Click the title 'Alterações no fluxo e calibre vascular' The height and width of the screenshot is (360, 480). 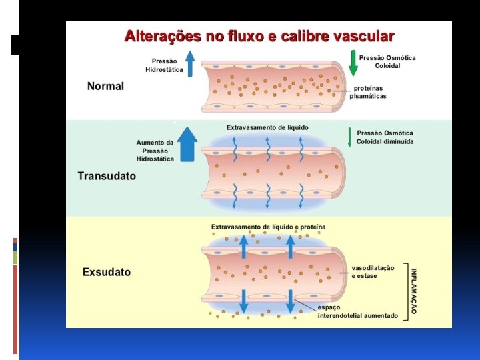[x=259, y=37]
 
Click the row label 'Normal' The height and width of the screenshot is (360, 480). [x=105, y=86]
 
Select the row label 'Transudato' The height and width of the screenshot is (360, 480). [x=107, y=176]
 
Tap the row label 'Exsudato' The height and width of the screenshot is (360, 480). [x=106, y=272]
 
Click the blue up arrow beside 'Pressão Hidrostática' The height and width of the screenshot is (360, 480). [x=190, y=64]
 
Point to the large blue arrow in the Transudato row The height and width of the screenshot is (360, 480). [x=189, y=144]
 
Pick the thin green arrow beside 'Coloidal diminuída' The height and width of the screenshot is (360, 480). [x=349, y=137]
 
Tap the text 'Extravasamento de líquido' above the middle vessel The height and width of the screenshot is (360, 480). [x=267, y=127]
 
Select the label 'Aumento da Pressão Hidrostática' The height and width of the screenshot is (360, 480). [x=155, y=151]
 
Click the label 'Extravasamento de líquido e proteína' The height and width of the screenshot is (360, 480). [x=268, y=227]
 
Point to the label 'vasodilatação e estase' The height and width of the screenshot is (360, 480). [x=373, y=272]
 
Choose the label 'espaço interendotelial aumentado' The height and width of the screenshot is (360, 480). [x=358, y=311]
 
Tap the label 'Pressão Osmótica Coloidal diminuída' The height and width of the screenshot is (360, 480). [x=385, y=137]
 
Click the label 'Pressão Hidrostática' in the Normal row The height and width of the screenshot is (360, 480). [x=164, y=65]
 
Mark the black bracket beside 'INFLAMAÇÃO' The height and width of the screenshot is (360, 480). [x=405, y=291]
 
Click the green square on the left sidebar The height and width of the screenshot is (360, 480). [x=15, y=257]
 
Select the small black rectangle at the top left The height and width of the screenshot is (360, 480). [x=15, y=45]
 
